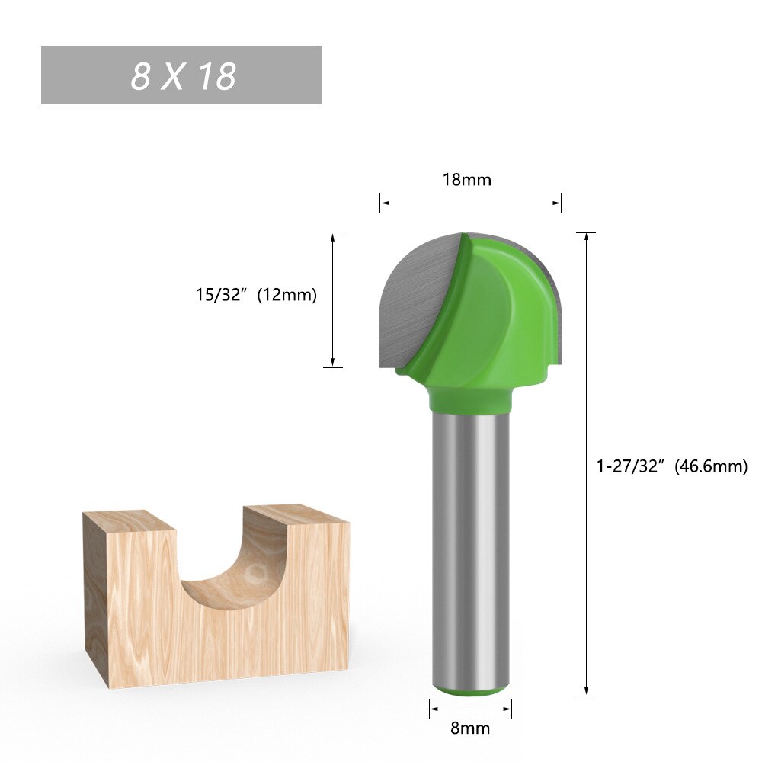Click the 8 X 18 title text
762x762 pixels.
pos(183,76)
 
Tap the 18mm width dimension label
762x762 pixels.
pos(466,180)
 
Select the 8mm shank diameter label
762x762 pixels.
pos(470,728)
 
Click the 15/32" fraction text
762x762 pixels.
pos(223,295)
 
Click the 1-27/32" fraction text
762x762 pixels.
pos(632,466)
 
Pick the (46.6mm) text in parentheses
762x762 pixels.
pos(710,466)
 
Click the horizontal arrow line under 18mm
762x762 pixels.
pos(470,203)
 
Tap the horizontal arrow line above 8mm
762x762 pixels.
pos(470,709)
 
